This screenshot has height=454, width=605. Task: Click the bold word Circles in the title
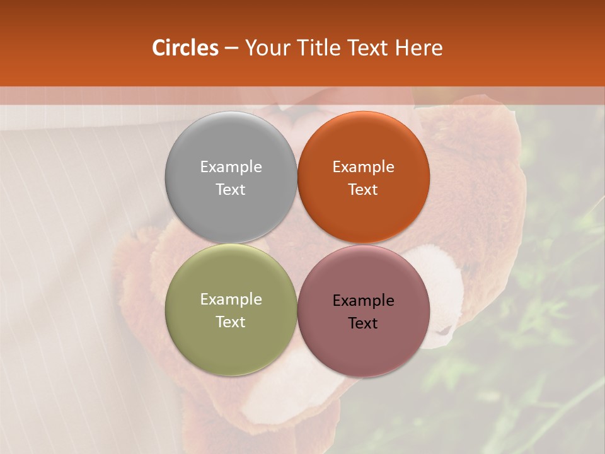(185, 48)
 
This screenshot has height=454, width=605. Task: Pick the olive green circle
(231, 310)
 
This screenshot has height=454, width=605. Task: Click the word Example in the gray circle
(231, 166)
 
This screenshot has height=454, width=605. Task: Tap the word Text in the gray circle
(231, 189)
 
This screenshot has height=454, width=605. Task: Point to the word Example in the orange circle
(363, 166)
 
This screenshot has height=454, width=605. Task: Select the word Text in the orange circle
(363, 189)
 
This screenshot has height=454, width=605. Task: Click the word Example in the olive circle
(231, 299)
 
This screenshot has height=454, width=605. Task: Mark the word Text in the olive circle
(231, 322)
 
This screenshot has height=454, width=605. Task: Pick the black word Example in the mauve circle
(363, 300)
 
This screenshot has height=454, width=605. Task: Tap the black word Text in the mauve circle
(363, 323)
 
